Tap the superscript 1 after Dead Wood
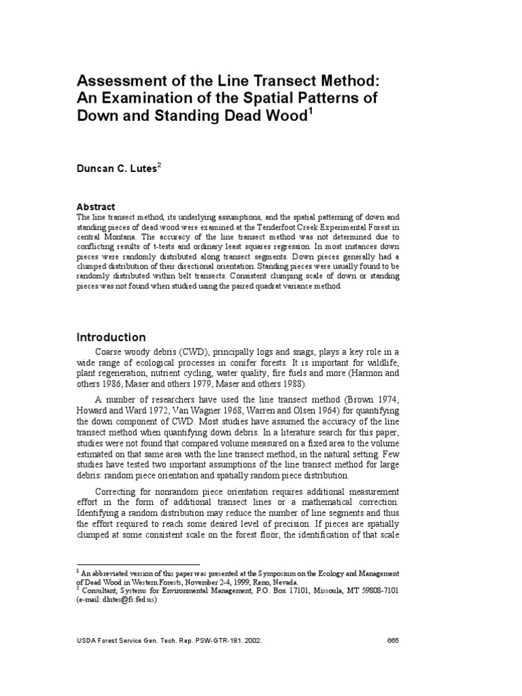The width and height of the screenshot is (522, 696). (311, 110)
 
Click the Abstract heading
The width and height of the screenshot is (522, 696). (96, 207)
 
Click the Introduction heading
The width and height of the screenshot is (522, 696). (111, 337)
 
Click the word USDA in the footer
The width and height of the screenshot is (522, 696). (87, 640)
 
